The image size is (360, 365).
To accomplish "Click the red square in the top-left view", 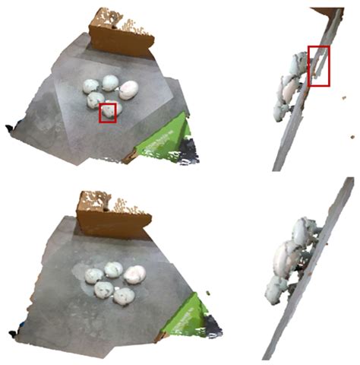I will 109,112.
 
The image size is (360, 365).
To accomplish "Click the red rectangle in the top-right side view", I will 319,65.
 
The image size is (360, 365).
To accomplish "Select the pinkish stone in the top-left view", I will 128,90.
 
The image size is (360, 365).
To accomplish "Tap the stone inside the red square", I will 109,113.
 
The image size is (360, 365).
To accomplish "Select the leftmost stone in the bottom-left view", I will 93,275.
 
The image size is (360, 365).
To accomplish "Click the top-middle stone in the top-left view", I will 110,81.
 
